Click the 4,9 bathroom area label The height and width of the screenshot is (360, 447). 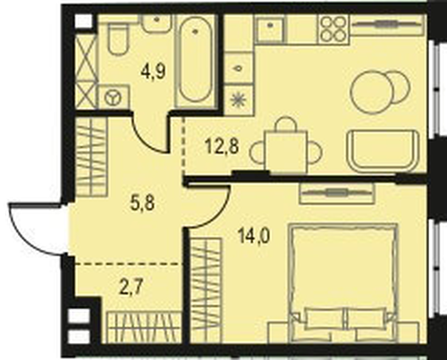[x=154, y=71]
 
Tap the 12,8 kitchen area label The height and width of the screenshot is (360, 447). [x=222, y=147]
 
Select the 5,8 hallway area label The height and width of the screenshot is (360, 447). [x=142, y=204]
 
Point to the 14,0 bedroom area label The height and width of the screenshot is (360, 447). [x=254, y=237]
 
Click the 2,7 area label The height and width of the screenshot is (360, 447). [x=131, y=287]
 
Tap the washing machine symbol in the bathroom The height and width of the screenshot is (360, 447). [x=114, y=96]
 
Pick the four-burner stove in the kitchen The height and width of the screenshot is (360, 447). [x=333, y=29]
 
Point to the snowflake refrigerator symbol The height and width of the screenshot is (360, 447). [x=238, y=99]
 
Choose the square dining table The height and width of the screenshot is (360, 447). [x=286, y=151]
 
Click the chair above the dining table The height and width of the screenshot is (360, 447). [x=286, y=123]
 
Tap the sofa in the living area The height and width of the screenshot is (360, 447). [x=384, y=151]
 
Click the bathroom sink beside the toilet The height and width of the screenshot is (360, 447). [x=156, y=23]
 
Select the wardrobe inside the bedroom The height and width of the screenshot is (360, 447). [x=206, y=290]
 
